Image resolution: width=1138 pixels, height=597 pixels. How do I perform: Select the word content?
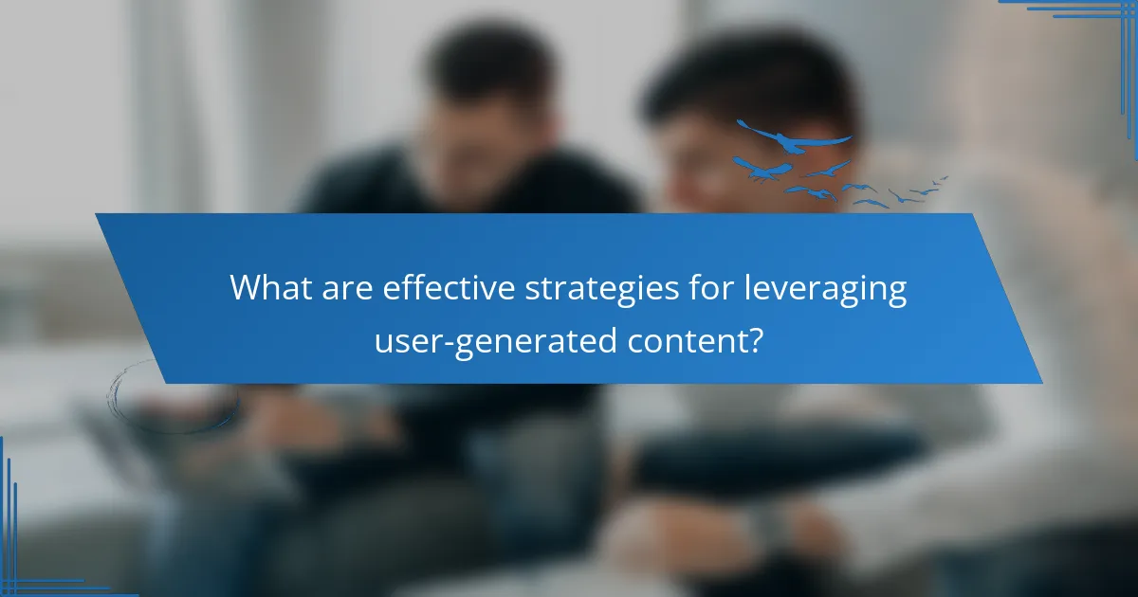click(686, 340)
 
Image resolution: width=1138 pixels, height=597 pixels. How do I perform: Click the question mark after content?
click(755, 339)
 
